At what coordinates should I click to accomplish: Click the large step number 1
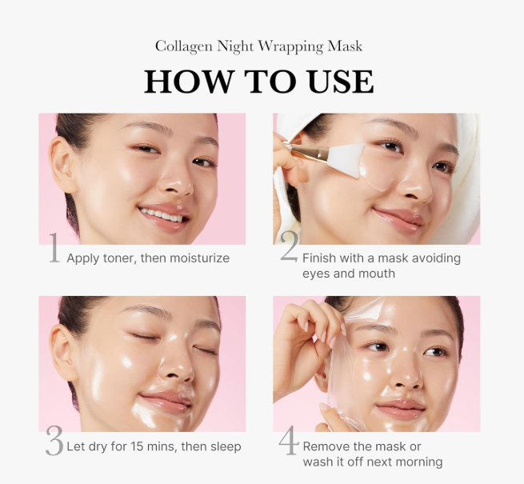tap(54, 248)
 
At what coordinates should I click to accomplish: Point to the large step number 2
tap(289, 246)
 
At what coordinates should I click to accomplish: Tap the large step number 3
tap(54, 441)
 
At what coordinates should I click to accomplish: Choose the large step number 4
tap(289, 440)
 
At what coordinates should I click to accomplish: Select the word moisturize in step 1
tap(200, 258)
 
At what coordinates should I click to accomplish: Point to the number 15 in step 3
tap(137, 446)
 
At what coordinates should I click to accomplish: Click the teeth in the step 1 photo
tap(161, 215)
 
